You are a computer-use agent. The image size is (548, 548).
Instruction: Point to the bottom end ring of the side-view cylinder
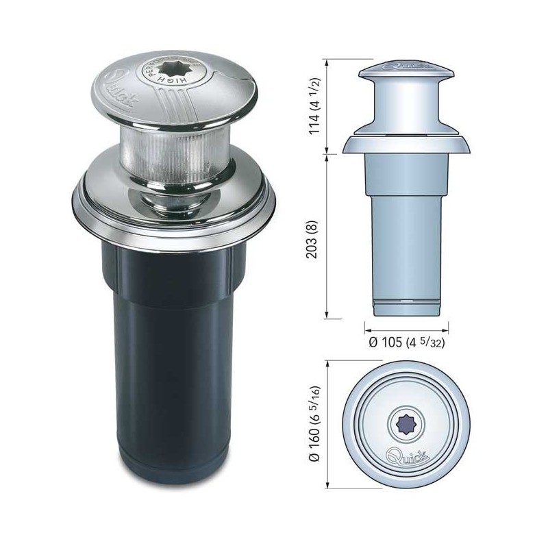tap(403, 307)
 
